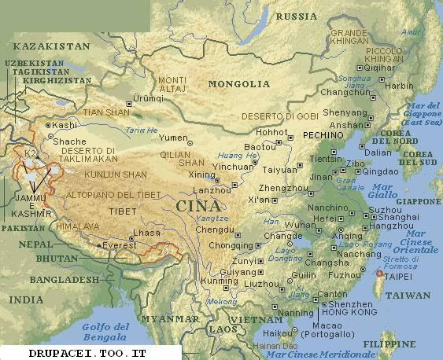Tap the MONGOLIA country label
point(238,84)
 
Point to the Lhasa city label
point(147,233)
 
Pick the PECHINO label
point(323,135)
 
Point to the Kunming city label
point(196,281)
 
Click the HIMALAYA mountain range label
point(77,226)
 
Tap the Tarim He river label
point(142,130)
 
